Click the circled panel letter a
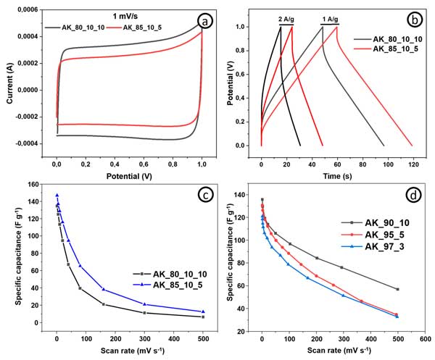tap(206, 22)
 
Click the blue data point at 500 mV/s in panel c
tap(203, 311)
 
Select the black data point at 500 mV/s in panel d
tap(397, 289)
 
